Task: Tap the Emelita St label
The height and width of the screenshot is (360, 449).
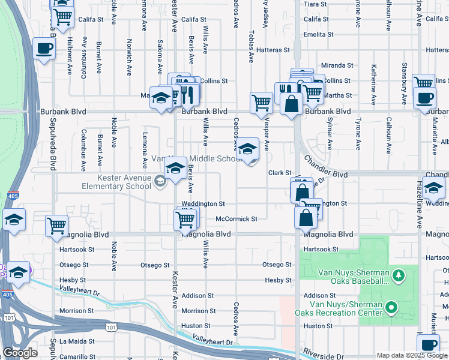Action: (x=318, y=35)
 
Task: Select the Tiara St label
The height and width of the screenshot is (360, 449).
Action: (x=315, y=4)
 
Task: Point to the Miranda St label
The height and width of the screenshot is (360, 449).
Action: (x=337, y=65)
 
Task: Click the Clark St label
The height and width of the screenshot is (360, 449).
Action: (x=279, y=173)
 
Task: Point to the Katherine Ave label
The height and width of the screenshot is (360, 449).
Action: (x=374, y=78)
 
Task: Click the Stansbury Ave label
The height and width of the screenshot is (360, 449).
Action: (x=405, y=76)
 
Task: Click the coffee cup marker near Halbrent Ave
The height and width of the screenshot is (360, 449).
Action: (x=44, y=49)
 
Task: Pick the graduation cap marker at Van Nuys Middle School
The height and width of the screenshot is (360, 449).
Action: (x=247, y=150)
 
